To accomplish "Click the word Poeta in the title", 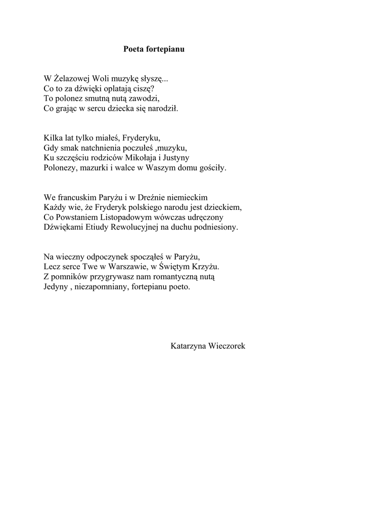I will click(134, 50).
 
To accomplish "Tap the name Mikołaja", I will click(145, 157).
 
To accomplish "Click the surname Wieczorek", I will click(228, 346).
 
